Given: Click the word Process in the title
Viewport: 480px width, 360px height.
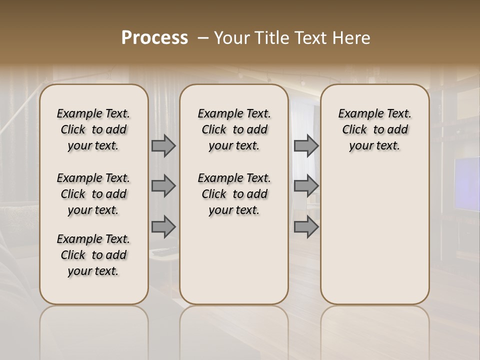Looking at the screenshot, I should coord(154,38).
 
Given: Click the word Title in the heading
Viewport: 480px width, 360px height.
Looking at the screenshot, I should coord(273,38).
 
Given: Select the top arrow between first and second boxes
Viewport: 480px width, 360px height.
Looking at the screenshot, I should coord(163,146).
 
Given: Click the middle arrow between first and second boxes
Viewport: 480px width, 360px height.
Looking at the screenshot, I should coord(163,186).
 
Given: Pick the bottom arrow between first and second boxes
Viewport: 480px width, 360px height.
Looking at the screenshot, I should coord(163,227).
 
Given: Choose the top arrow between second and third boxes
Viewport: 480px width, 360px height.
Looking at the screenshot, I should coord(305,146).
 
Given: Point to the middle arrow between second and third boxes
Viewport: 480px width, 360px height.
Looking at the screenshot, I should coord(305,186).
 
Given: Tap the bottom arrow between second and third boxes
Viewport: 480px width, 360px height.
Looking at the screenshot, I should coord(305,227).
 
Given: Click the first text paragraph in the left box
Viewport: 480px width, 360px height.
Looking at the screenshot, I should coord(93,129).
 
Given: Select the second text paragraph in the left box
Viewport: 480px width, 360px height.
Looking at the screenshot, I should coord(93,194).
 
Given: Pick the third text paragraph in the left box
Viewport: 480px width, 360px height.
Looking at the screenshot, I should coord(93,255).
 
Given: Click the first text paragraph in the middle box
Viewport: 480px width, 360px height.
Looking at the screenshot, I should coord(234,129).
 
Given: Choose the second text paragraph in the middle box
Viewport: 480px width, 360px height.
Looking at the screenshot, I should coord(234,194).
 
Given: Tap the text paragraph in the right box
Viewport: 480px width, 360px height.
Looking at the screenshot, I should coord(374,129).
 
